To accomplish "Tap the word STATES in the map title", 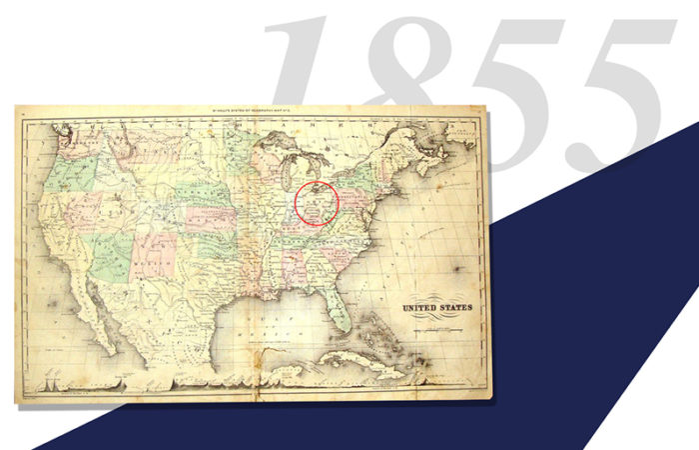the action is tap(455, 308).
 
